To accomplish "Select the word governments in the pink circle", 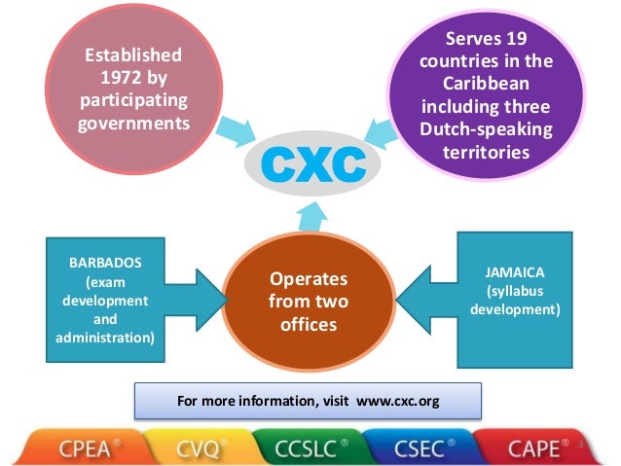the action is (x=132, y=123).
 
